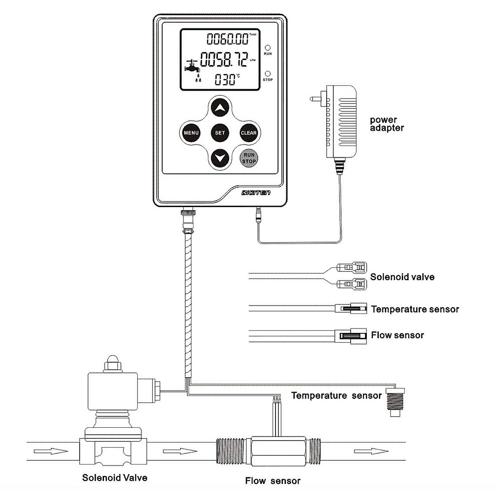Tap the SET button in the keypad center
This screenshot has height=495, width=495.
220,133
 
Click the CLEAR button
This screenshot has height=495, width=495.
249,133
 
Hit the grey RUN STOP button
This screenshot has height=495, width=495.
249,158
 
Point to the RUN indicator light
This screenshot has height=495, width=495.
268,48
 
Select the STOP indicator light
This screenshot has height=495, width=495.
268,73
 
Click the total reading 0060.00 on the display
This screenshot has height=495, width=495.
228,40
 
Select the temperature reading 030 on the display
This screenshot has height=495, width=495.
225,79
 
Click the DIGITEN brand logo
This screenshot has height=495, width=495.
256,193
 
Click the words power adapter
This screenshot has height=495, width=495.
387,124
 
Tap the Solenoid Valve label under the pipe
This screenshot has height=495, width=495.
115,478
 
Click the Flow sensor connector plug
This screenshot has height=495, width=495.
353,335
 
